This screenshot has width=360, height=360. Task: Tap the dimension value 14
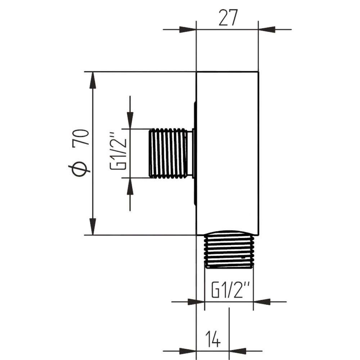coord(213,339)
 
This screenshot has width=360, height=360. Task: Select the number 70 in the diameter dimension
coord(81,138)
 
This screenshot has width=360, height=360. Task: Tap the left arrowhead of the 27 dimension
coord(188,30)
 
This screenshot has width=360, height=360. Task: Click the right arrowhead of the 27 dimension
coord(267,30)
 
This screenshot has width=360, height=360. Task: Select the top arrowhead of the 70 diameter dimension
coord(93,80)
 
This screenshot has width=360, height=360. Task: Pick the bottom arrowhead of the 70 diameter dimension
coord(93,226)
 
